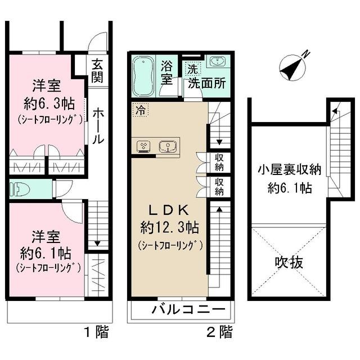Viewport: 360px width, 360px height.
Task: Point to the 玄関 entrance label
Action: point(97,71)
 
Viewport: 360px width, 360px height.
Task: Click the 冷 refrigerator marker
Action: point(138,110)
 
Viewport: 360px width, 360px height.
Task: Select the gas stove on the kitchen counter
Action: point(143,146)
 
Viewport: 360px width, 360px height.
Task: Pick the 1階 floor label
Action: point(97,332)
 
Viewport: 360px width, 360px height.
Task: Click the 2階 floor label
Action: point(219,332)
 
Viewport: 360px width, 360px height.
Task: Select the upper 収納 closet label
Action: point(219,162)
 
